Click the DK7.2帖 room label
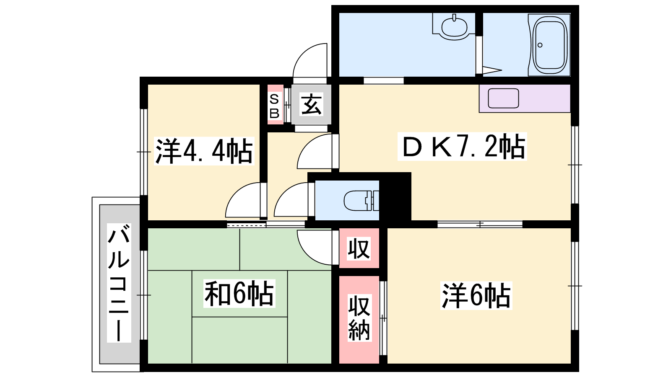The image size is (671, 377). point(463,147)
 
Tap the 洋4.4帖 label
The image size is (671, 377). point(204,151)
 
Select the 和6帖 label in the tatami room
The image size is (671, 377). point(239,293)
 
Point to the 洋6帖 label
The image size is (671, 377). point(476,296)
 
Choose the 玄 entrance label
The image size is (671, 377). point(312,104)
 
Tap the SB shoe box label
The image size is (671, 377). point(274,106)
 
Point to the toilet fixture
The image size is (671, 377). point(361,201)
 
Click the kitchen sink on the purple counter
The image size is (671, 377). point(503,98)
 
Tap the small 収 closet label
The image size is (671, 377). point(359,248)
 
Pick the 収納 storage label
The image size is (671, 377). point(359,318)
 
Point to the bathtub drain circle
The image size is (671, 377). point(540,45)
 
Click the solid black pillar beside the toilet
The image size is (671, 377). point(395,197)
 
